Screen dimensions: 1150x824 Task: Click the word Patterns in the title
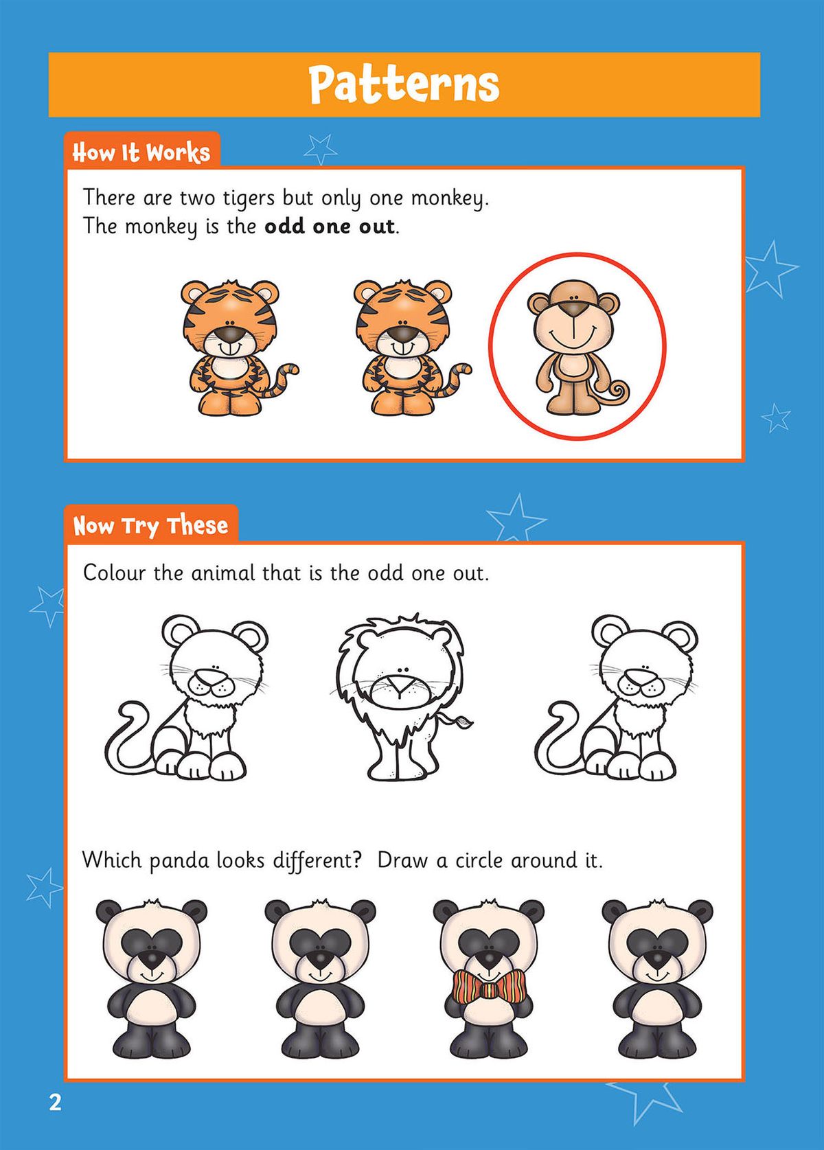tap(404, 84)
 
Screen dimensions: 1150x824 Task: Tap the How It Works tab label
tap(141, 152)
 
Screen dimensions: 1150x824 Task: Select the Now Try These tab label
tap(150, 526)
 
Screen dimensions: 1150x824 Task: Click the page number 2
tap(55, 1103)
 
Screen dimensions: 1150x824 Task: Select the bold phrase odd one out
tap(329, 226)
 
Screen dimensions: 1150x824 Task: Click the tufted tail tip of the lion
tap(463, 722)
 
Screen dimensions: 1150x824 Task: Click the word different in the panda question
tap(312, 860)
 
